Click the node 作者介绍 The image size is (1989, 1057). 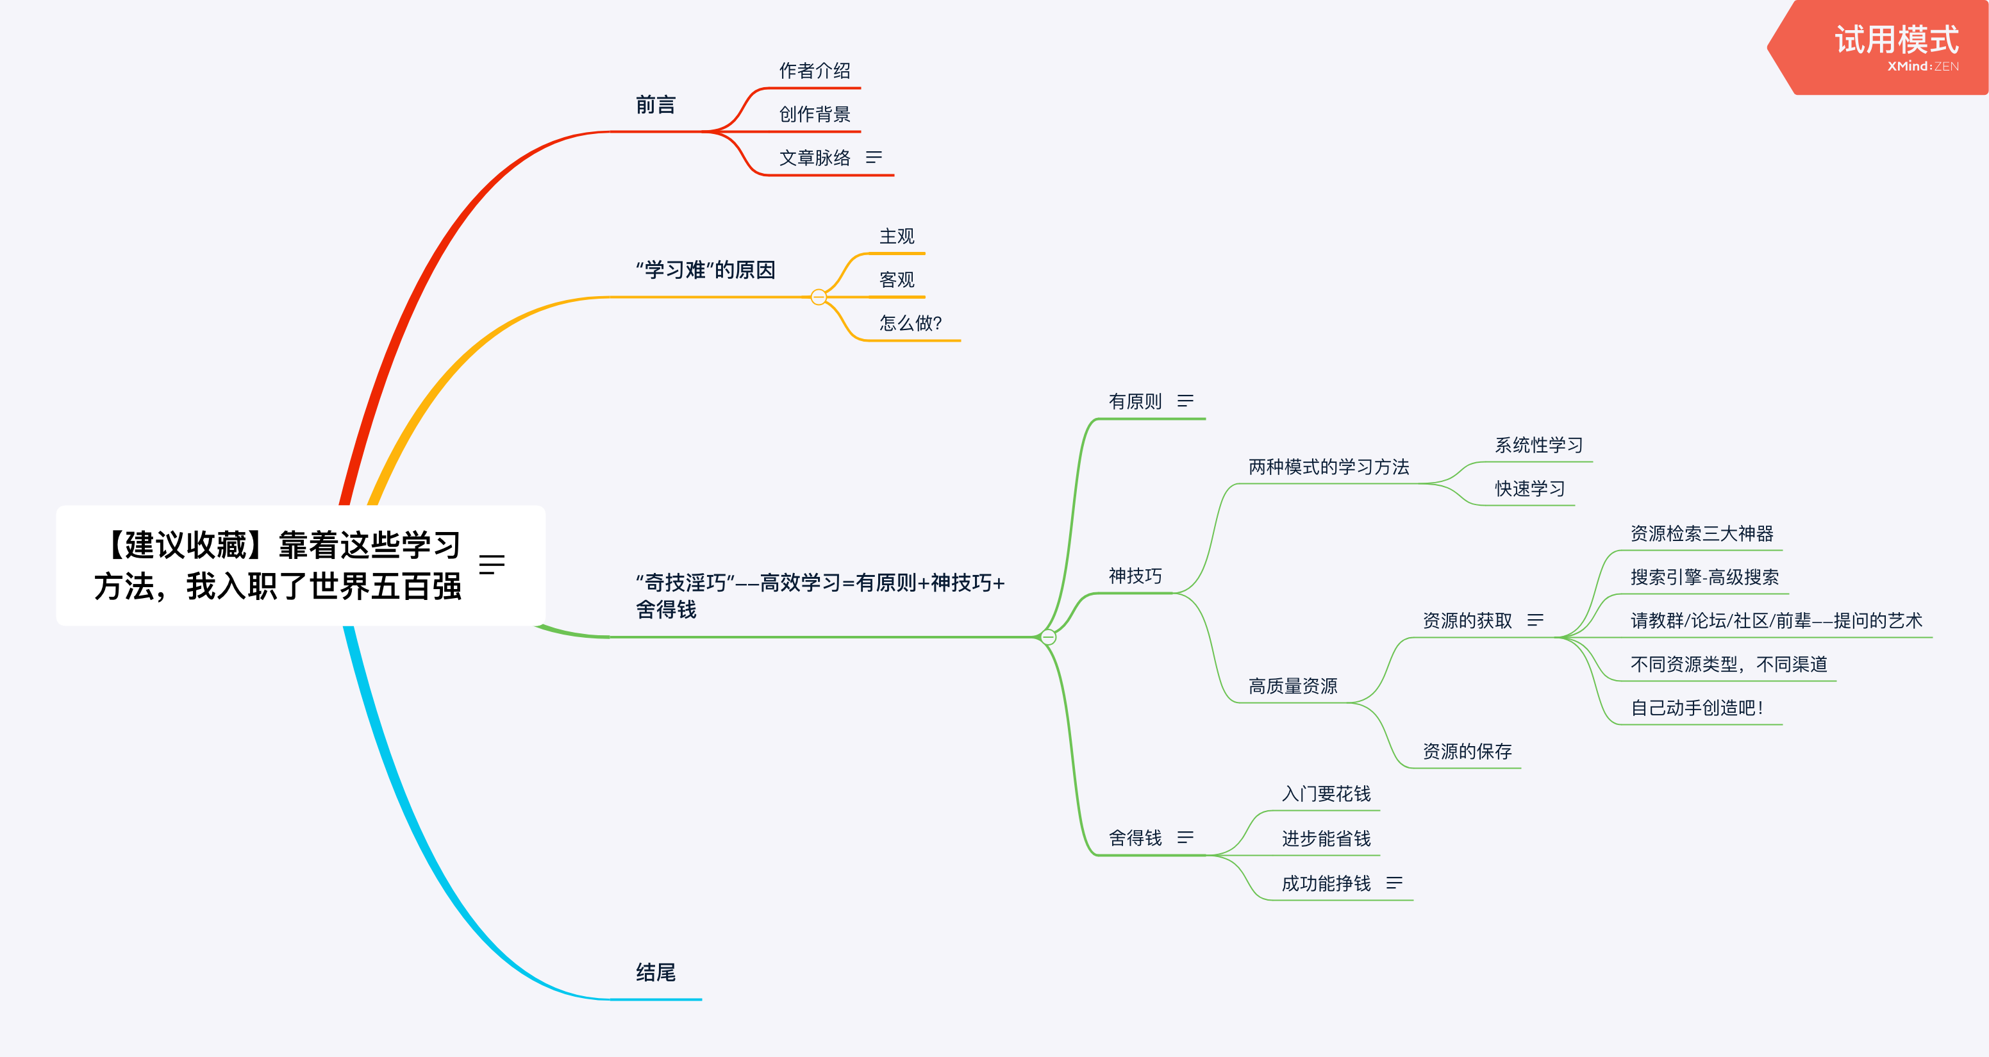click(x=814, y=71)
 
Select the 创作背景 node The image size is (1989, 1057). click(x=814, y=114)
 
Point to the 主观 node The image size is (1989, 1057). click(x=897, y=237)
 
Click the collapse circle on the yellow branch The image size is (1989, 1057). click(x=819, y=297)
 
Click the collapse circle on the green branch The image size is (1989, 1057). click(x=1048, y=637)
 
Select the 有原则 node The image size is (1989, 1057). click(x=1135, y=401)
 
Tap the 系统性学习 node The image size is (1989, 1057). click(x=1538, y=445)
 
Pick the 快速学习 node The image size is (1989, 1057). click(x=1529, y=488)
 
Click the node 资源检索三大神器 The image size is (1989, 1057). click(x=1701, y=533)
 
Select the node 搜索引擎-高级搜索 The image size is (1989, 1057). click(x=1704, y=577)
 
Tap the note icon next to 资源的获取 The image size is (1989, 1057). click(x=1535, y=620)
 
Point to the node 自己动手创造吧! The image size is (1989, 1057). click(x=1695, y=708)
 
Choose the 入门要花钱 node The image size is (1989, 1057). click(x=1326, y=794)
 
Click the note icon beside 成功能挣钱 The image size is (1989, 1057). click(x=1394, y=883)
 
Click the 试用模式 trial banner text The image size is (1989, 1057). click(x=1895, y=40)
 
